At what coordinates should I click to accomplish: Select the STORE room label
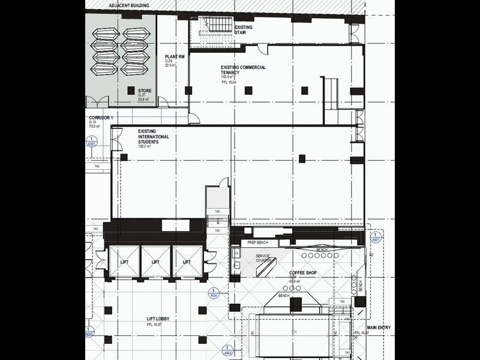(144, 91)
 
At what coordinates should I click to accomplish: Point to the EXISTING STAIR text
(243, 30)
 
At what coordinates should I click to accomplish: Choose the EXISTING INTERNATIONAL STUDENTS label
(153, 136)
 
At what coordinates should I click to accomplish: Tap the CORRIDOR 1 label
(101, 118)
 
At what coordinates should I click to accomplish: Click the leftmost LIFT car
(123, 262)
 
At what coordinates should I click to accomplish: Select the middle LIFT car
(155, 262)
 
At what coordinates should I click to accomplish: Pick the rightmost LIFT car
(187, 262)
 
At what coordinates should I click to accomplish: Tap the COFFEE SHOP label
(303, 273)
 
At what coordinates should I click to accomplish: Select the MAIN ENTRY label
(380, 328)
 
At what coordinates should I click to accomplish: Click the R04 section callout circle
(213, 295)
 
